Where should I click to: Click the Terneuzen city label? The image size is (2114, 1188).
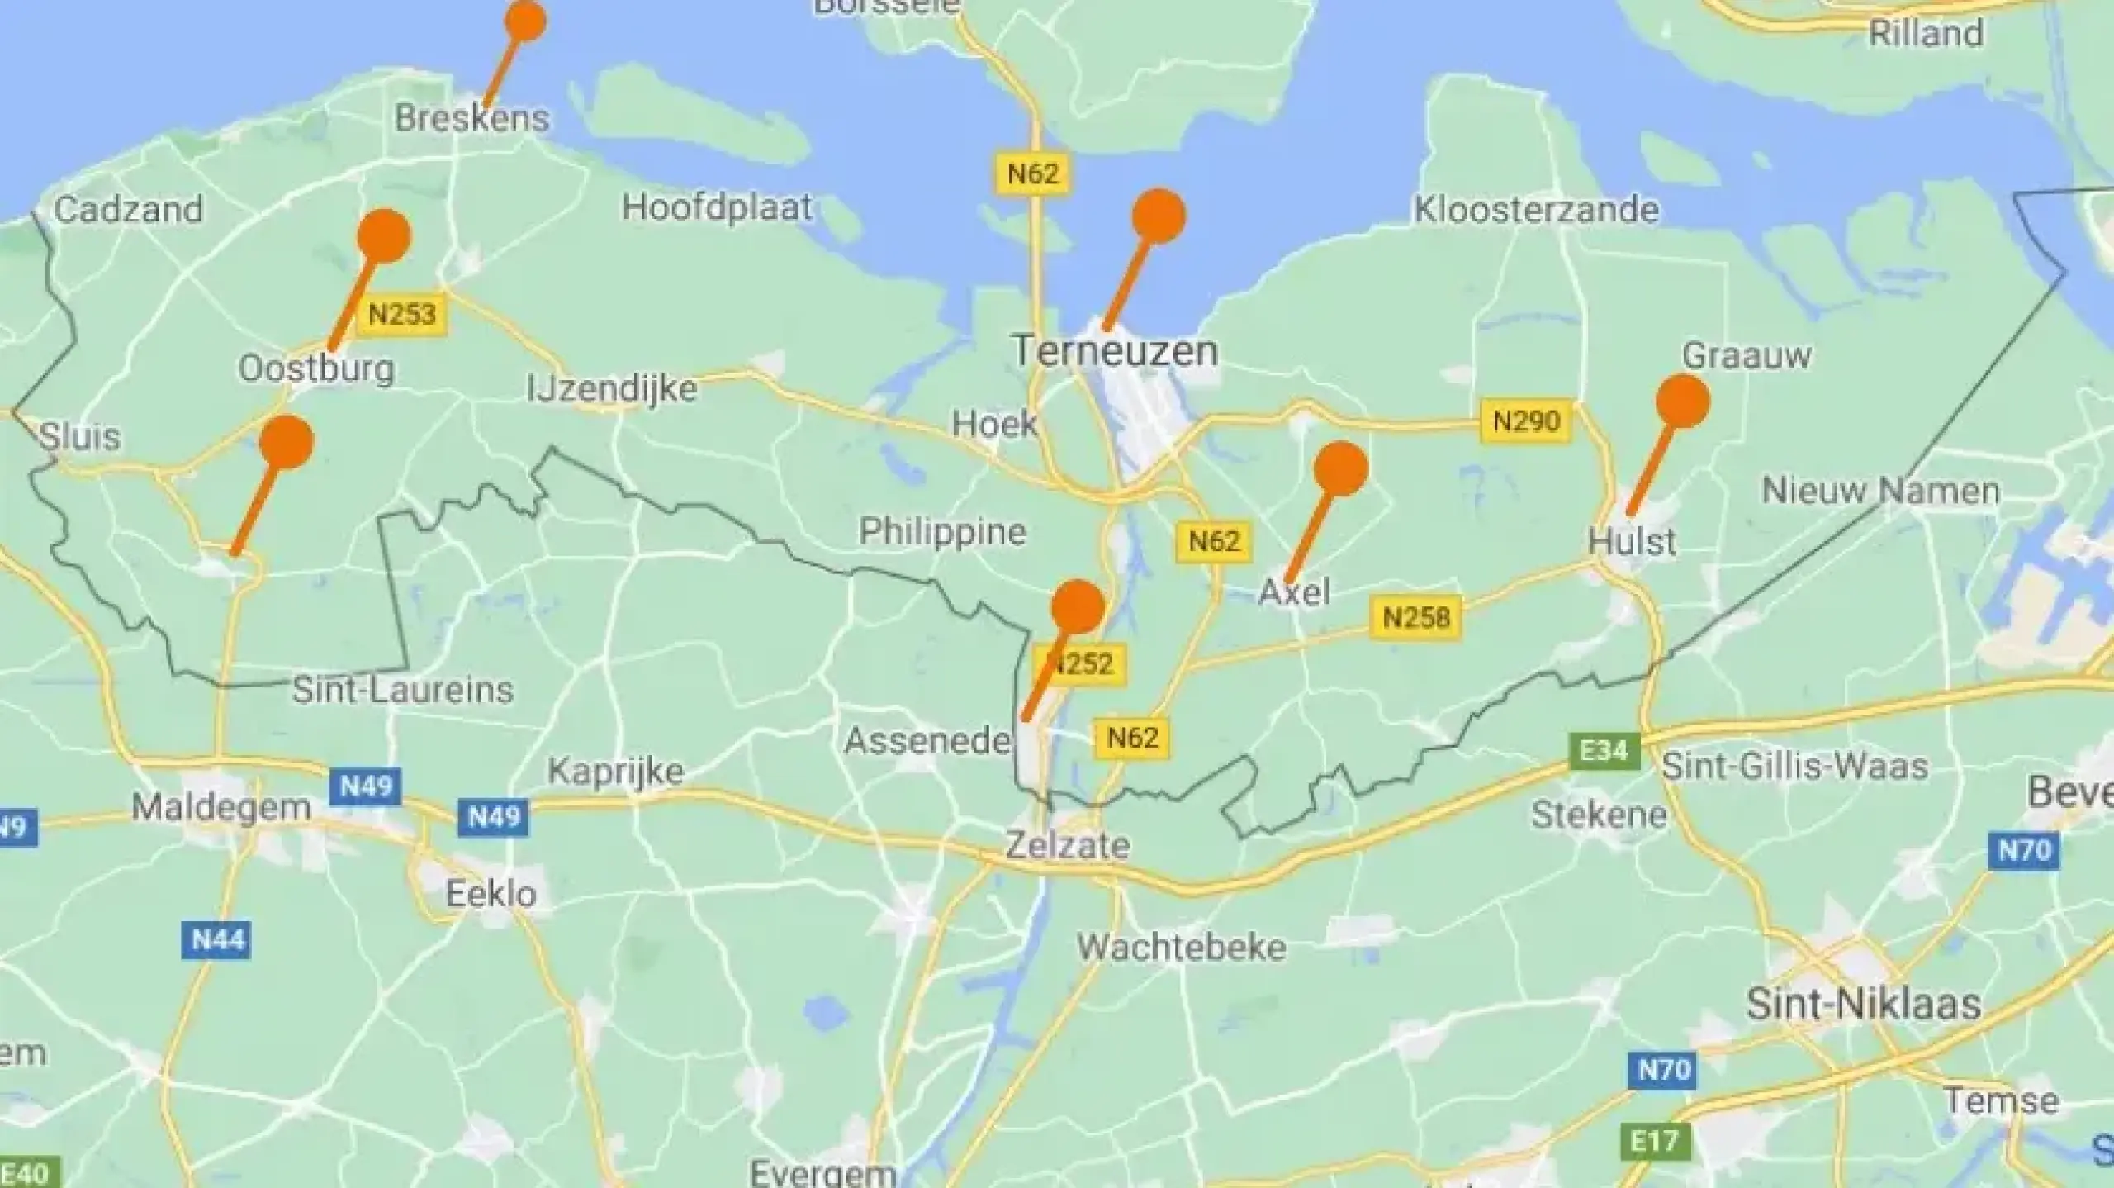[1115, 351]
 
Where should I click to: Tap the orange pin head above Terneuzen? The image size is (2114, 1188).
[1159, 216]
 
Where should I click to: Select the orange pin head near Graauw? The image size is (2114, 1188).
[1682, 402]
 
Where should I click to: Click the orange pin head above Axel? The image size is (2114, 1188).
[1340, 468]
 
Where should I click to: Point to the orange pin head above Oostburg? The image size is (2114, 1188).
[384, 236]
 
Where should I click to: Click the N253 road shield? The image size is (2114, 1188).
[401, 314]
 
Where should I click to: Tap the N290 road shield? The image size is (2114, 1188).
[1526, 421]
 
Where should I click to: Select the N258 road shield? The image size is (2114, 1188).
[1415, 617]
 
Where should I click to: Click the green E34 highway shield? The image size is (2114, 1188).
[1604, 751]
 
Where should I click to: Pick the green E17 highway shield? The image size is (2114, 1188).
[1655, 1141]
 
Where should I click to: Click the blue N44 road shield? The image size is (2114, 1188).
[218, 939]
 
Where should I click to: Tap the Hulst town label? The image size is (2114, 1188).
[1632, 542]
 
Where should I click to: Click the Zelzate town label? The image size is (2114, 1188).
[1067, 845]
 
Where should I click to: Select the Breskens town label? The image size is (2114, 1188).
[472, 118]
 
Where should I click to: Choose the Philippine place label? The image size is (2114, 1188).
[942, 531]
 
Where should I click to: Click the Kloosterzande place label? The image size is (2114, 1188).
[1536, 210]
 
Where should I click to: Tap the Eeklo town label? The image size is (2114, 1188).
[491, 894]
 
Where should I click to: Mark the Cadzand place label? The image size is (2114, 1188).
[129, 209]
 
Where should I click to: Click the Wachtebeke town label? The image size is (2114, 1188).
[1181, 947]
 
